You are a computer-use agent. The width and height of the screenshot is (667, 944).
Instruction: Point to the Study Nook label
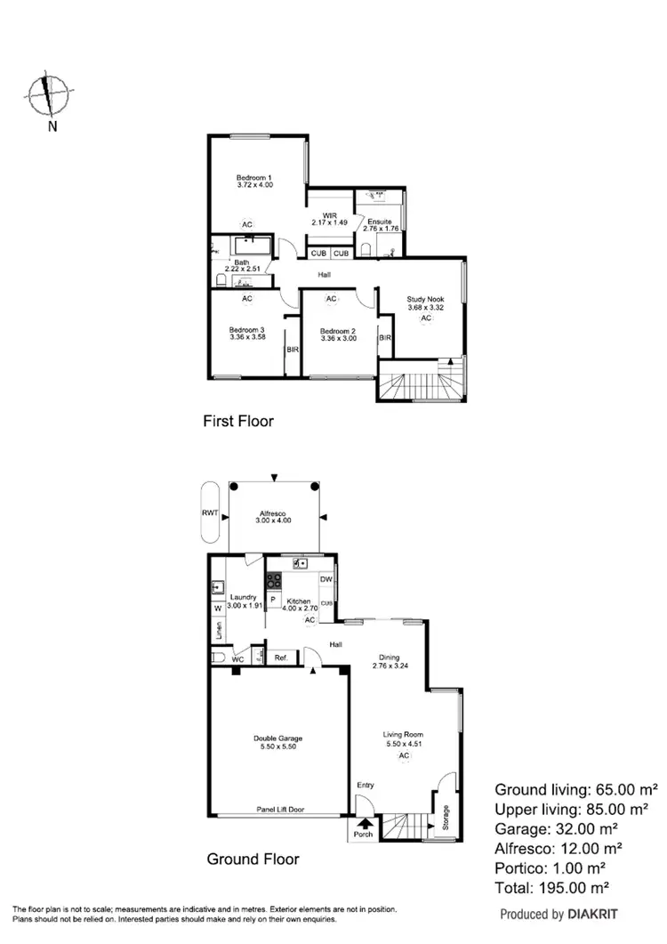tap(425, 303)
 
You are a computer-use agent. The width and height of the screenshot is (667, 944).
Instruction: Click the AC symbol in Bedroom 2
tap(332, 300)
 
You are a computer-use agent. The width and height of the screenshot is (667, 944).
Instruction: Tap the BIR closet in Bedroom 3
tap(292, 350)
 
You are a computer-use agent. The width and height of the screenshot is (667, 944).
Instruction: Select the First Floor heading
tap(238, 421)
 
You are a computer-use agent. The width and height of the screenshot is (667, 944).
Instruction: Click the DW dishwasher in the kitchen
tap(326, 580)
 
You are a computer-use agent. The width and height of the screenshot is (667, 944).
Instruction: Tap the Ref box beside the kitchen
tap(280, 658)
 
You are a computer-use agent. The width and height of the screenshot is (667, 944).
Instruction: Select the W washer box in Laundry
tap(218, 609)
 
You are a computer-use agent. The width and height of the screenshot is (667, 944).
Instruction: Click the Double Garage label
tap(278, 742)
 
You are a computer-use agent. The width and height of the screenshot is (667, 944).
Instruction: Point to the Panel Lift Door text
tap(278, 809)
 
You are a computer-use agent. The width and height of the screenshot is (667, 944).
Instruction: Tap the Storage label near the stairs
tap(446, 819)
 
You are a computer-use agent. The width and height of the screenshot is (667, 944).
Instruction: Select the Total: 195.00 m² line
tap(575, 887)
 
